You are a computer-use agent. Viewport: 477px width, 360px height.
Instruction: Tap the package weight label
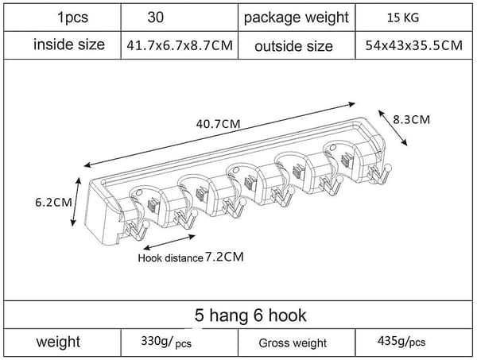tap(296, 17)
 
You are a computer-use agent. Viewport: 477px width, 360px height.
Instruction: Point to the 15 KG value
tap(403, 17)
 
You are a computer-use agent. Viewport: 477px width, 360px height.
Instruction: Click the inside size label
tap(69, 45)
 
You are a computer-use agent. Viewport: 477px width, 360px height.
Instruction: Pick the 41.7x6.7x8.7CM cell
tap(180, 45)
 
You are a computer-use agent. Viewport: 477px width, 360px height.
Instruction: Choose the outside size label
tap(293, 47)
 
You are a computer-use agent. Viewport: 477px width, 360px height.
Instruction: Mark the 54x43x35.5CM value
tap(413, 45)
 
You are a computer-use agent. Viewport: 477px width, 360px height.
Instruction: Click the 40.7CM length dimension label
tap(218, 124)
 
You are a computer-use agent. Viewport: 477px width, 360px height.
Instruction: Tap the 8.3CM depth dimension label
tap(411, 119)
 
